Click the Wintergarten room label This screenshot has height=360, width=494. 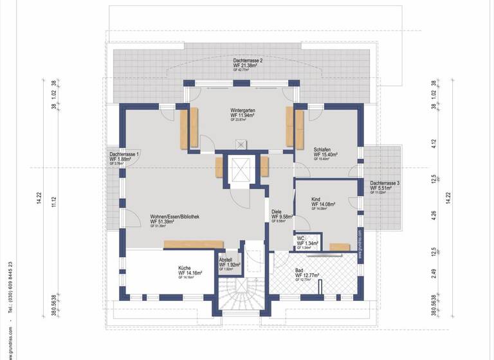(x=243, y=111)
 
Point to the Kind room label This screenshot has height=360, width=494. (x=316, y=199)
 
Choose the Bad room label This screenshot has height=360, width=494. (x=299, y=271)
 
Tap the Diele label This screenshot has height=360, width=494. (x=277, y=211)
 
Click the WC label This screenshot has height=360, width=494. (x=300, y=238)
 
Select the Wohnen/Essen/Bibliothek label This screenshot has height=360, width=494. (x=174, y=217)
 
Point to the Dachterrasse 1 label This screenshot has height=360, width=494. (x=124, y=155)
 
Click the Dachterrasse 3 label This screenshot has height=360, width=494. (x=385, y=183)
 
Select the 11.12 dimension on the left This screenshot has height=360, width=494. (x=54, y=202)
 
